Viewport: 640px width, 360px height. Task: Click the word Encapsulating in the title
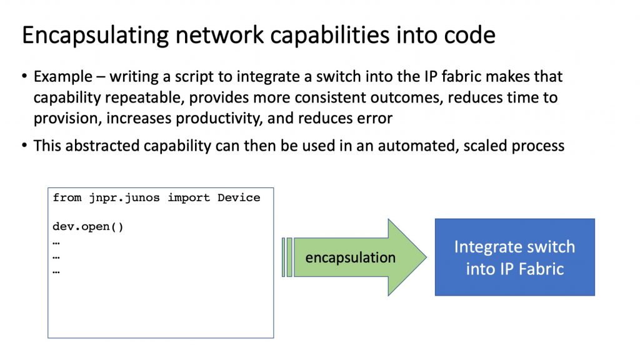[96, 36]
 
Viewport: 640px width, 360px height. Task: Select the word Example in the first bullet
[63, 77]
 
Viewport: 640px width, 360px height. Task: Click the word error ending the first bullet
[375, 119]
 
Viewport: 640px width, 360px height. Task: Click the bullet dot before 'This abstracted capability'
[25, 145]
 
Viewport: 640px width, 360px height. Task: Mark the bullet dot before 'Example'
[25, 76]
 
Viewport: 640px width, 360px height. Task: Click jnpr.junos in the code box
[124, 198]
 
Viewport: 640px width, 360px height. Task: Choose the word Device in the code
[239, 198]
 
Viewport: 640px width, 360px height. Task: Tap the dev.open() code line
[87, 227]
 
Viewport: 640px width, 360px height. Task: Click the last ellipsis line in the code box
[56, 271]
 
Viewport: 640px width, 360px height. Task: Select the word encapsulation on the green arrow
[351, 257]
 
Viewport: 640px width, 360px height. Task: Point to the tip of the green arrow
[426, 257]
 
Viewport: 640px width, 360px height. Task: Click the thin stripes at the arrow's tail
[287, 257]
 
